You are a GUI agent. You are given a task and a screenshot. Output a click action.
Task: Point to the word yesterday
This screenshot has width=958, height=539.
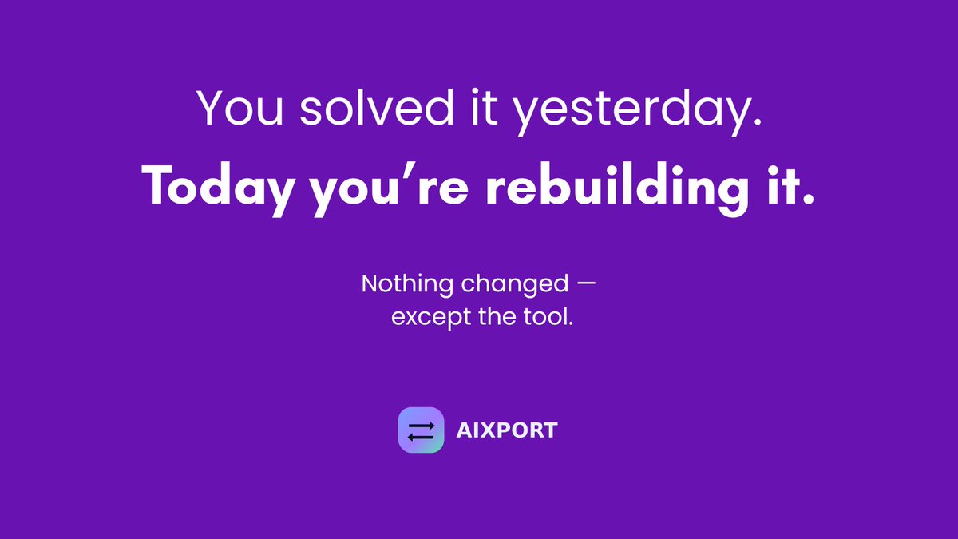coord(631,112)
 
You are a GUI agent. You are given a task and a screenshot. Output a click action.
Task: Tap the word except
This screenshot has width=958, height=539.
coord(428,318)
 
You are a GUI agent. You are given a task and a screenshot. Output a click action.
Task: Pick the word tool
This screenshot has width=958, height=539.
coord(550,316)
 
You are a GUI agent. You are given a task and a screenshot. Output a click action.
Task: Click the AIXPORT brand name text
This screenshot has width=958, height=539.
coord(506,431)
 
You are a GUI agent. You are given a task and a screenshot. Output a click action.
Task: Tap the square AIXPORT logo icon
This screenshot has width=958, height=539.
coord(421,430)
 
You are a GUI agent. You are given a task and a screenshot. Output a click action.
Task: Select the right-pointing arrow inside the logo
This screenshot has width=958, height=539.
coord(422,426)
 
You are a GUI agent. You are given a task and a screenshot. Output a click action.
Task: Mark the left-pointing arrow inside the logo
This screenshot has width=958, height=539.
coord(420,437)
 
